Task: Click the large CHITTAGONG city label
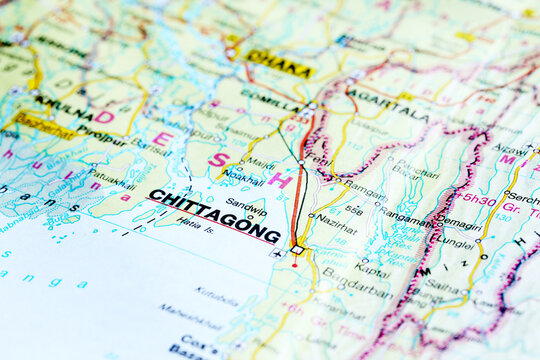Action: [214, 215]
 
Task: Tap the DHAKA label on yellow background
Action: [278, 63]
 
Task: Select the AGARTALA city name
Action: [389, 104]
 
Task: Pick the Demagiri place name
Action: [461, 224]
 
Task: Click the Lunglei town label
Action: [455, 242]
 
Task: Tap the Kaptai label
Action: [372, 269]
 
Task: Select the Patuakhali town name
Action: [111, 178]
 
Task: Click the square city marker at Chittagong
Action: [297, 249]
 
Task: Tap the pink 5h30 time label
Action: [478, 200]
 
